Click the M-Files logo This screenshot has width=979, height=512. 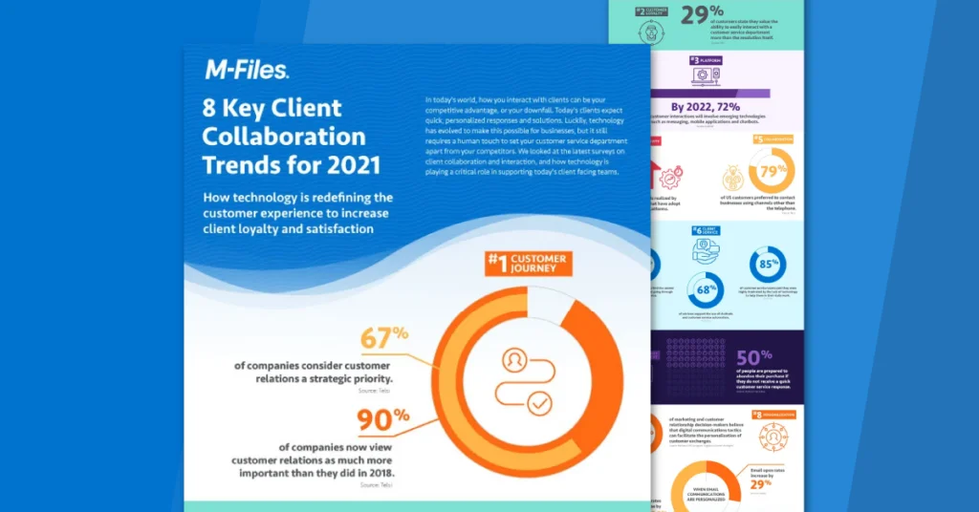tap(246, 70)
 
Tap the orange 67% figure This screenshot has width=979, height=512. tap(383, 339)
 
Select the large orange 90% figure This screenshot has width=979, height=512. tap(382, 419)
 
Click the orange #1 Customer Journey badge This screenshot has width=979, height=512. tap(528, 264)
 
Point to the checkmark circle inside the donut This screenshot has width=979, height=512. tap(538, 404)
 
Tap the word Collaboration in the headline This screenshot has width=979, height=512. tap(283, 136)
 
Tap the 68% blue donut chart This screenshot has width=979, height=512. tap(705, 289)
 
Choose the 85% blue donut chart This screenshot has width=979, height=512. tap(767, 265)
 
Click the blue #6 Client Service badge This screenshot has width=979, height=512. tap(706, 231)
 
